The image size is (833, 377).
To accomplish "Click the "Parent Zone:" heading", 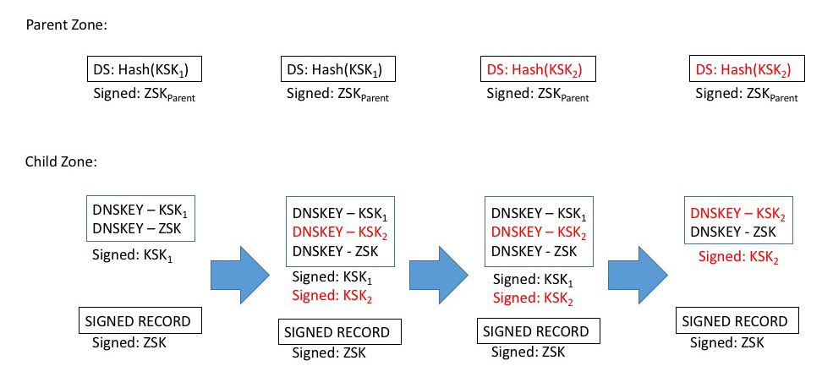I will [x=66, y=26].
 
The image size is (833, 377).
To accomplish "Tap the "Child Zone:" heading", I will [x=61, y=160].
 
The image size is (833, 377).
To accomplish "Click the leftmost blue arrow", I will [x=240, y=274].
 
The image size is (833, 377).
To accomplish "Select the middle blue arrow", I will [x=439, y=274].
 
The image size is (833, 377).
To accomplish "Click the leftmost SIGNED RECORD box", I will [x=137, y=320].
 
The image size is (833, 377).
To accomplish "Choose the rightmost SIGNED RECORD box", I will [x=735, y=321].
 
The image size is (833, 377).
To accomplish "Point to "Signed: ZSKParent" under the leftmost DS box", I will [x=145, y=95].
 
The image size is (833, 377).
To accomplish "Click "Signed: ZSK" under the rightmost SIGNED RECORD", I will [x=727, y=342].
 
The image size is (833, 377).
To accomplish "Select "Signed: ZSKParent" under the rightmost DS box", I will [x=746, y=95].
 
